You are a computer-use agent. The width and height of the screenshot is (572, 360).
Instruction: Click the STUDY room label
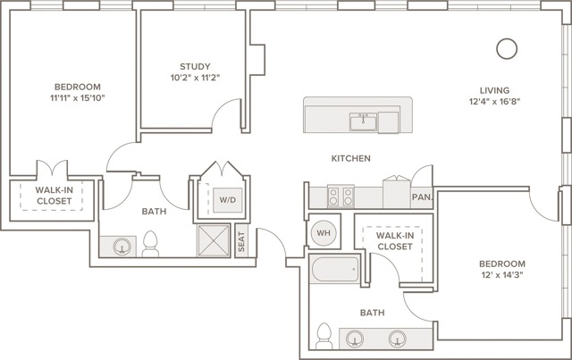[195, 66]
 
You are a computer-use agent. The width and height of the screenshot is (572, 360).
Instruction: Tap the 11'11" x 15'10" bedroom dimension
[78, 97]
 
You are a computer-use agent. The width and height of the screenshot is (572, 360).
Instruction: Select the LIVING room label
[494, 90]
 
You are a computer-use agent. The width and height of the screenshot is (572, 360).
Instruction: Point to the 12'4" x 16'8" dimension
[494, 102]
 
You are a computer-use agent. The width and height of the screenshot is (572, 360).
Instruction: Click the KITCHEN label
[350, 158]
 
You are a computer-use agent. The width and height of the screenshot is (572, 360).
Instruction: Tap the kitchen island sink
[363, 121]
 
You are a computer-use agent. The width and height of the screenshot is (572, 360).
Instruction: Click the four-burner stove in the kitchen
[341, 197]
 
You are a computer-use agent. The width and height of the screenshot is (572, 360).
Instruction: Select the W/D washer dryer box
[227, 200]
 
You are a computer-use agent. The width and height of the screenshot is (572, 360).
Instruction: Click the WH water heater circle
[324, 233]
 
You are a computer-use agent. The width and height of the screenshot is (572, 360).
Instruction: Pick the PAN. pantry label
[422, 197]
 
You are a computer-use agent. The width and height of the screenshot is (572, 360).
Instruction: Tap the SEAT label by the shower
[241, 241]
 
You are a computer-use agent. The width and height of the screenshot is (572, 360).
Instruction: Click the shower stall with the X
[214, 240]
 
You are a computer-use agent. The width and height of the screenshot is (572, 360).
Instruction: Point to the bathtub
[335, 269]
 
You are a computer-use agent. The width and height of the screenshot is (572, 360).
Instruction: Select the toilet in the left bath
[150, 244]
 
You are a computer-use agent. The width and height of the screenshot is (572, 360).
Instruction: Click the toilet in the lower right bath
[324, 336]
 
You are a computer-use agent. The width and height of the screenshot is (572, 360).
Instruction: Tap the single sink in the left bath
[122, 247]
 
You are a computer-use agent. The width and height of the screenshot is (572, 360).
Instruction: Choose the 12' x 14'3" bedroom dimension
[502, 274]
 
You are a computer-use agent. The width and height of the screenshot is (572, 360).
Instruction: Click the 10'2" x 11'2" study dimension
[195, 78]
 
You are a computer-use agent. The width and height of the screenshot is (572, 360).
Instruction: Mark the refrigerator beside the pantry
[397, 192]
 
